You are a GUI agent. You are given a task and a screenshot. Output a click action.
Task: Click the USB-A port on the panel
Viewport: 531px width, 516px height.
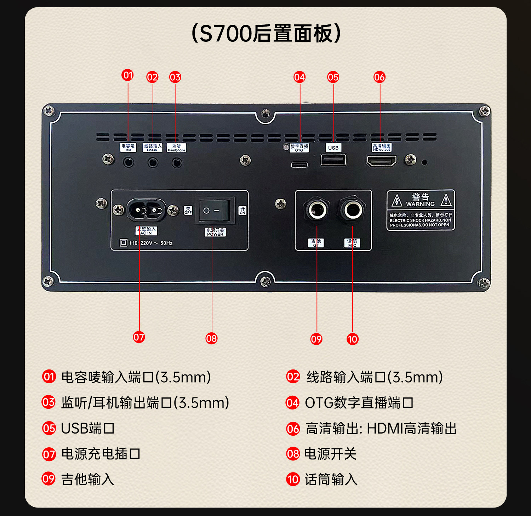pyautogui.click(x=333, y=160)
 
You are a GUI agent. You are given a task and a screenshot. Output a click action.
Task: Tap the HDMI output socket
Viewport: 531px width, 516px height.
pyautogui.click(x=381, y=161)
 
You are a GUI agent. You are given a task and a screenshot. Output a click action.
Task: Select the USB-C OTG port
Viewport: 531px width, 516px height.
pyautogui.click(x=299, y=165)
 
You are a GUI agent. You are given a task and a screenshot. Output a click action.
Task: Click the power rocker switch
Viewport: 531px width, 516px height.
pyautogui.click(x=215, y=211)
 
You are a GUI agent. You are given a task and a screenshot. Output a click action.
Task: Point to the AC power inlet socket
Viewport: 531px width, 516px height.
pyautogui.click(x=146, y=210)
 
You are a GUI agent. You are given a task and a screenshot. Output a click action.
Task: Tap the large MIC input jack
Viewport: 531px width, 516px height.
pyautogui.click(x=353, y=210)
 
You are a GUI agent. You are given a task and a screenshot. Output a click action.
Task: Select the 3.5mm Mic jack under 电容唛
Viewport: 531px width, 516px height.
pyautogui.click(x=128, y=162)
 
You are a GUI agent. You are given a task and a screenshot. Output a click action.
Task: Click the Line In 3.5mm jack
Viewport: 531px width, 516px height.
pyautogui.click(x=153, y=162)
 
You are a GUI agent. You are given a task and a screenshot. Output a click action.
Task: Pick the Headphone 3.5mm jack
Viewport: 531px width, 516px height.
pyautogui.click(x=177, y=162)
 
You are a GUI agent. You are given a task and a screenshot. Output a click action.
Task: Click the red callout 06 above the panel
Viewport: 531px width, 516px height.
pyautogui.click(x=379, y=77)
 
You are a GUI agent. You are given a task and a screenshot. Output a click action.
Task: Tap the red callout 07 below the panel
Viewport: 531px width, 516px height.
pyautogui.click(x=139, y=337)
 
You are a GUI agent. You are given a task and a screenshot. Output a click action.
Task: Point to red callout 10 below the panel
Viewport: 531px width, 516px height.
pyautogui.click(x=353, y=339)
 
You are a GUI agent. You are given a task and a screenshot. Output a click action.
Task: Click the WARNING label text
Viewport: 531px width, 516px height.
pyautogui.click(x=420, y=204)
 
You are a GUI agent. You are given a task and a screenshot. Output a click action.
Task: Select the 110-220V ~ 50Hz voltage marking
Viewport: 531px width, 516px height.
pyautogui.click(x=150, y=243)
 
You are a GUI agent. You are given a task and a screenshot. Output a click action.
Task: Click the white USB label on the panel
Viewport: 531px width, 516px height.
pyautogui.click(x=333, y=148)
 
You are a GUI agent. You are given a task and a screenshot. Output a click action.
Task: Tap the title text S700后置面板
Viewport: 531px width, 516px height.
pyautogui.click(x=265, y=34)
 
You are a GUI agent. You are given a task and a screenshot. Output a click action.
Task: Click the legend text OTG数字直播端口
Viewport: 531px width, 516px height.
pyautogui.click(x=359, y=403)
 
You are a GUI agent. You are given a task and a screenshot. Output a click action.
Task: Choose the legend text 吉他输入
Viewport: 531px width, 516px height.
pyautogui.click(x=88, y=479)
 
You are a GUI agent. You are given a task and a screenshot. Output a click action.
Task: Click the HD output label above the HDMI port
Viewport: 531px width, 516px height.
pyautogui.click(x=381, y=148)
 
